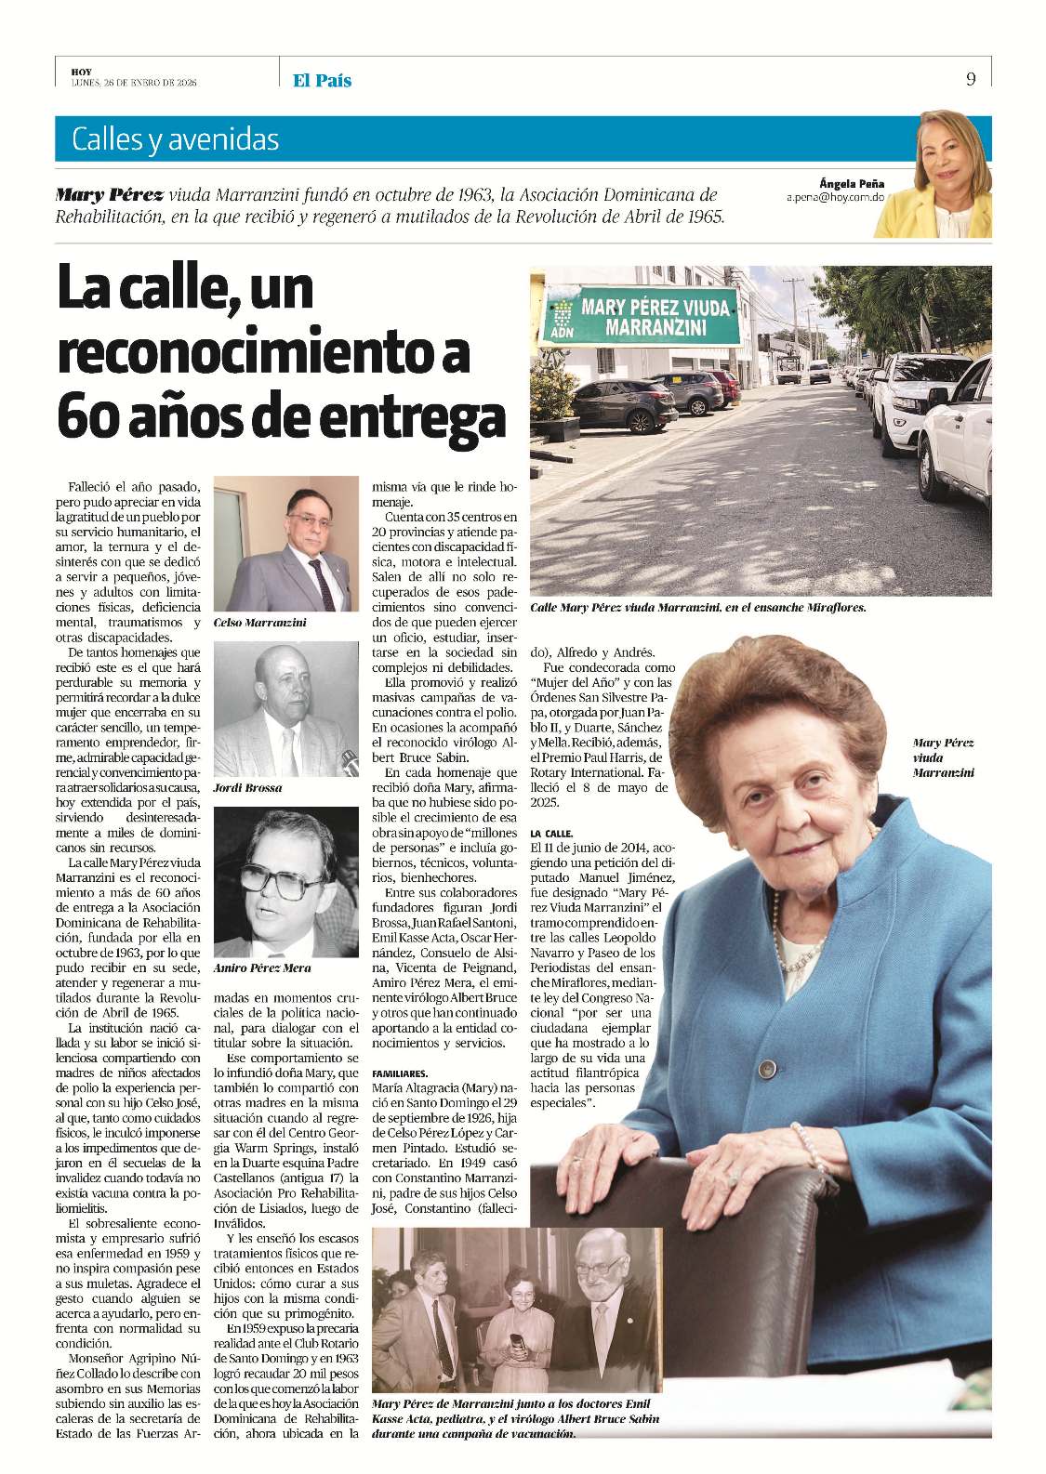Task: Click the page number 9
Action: point(971,79)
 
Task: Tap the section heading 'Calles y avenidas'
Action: point(175,139)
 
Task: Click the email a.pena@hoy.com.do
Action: point(835,198)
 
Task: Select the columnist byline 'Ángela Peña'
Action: point(852,184)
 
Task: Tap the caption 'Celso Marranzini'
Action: point(259,623)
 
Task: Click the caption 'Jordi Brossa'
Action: point(247,787)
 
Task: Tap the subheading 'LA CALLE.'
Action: point(551,834)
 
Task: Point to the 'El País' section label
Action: point(322,81)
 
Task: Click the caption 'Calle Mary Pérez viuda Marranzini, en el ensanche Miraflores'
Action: point(697,608)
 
